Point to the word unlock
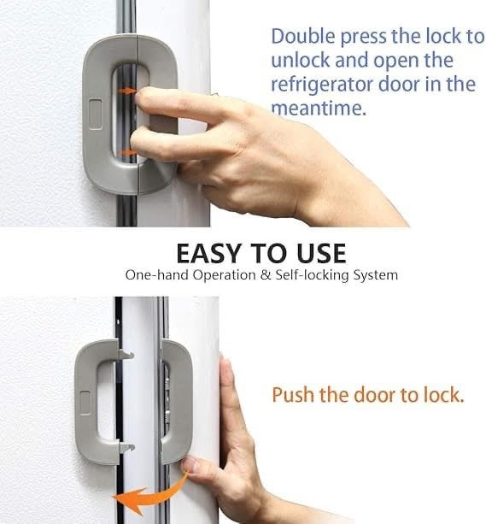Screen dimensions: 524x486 298,62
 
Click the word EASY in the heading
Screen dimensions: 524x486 208,253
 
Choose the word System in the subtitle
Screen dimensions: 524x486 374,276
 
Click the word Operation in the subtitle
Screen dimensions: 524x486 219,276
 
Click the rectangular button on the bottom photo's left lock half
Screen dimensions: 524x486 85,398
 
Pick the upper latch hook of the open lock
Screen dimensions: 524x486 126,352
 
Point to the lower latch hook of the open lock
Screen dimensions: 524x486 126,445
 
